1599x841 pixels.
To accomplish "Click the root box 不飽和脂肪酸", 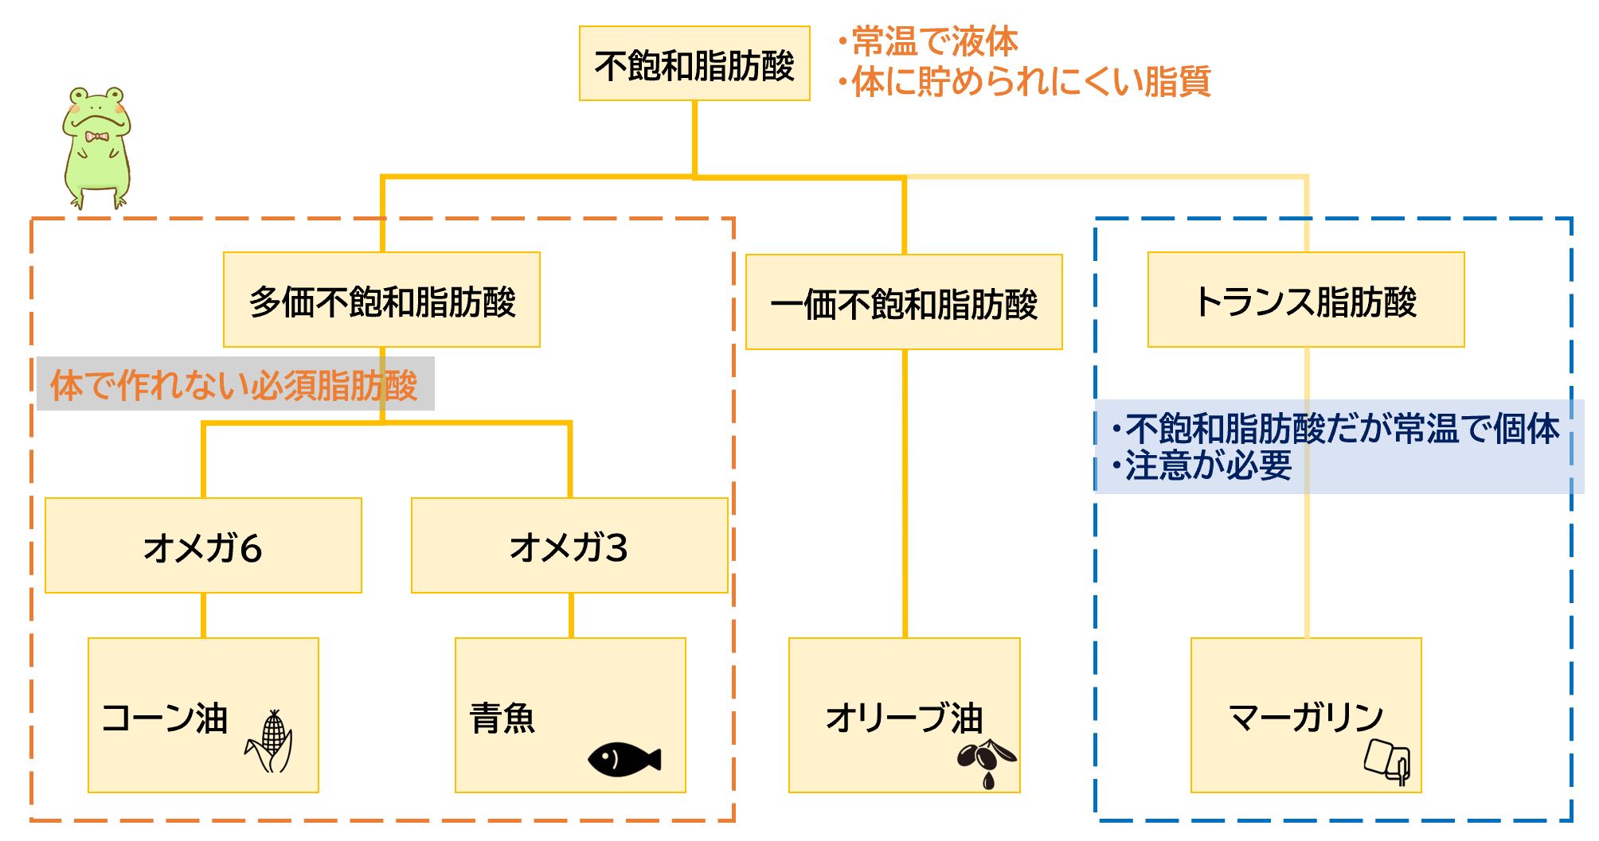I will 694,64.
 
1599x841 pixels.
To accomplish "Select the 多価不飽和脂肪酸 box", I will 381,300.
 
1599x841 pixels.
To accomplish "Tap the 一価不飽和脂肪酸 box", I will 904,302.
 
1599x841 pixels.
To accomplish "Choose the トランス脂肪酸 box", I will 1306,300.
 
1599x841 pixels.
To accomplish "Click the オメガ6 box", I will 203,546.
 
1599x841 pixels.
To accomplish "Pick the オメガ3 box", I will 569,546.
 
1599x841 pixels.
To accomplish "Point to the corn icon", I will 271,742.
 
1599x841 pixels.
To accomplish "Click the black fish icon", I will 624,759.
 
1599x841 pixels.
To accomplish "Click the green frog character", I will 96,147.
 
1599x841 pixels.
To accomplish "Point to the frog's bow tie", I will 97,137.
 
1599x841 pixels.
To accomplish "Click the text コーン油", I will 165,718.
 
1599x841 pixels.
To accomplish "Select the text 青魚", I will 502,718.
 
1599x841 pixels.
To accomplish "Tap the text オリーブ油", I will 904,718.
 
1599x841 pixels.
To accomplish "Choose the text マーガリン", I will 1306,718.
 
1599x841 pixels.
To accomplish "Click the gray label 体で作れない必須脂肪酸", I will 234,385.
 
